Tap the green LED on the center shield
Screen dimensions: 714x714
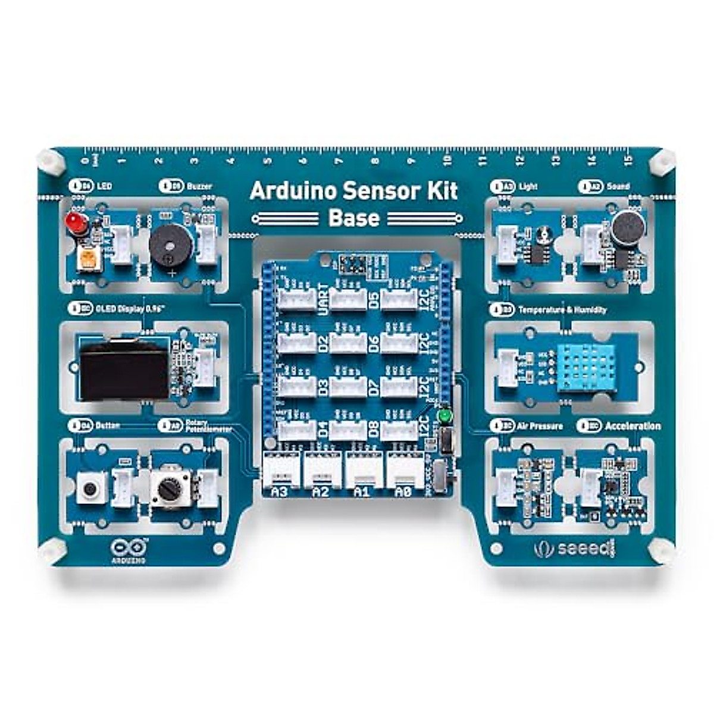443,416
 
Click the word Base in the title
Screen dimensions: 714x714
353,218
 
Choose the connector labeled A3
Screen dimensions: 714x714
279,492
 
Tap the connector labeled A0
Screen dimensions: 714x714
403,492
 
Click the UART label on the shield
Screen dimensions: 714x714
323,299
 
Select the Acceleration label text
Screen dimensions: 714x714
632,426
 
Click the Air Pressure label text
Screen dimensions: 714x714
540,426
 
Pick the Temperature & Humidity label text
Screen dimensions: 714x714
562,310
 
